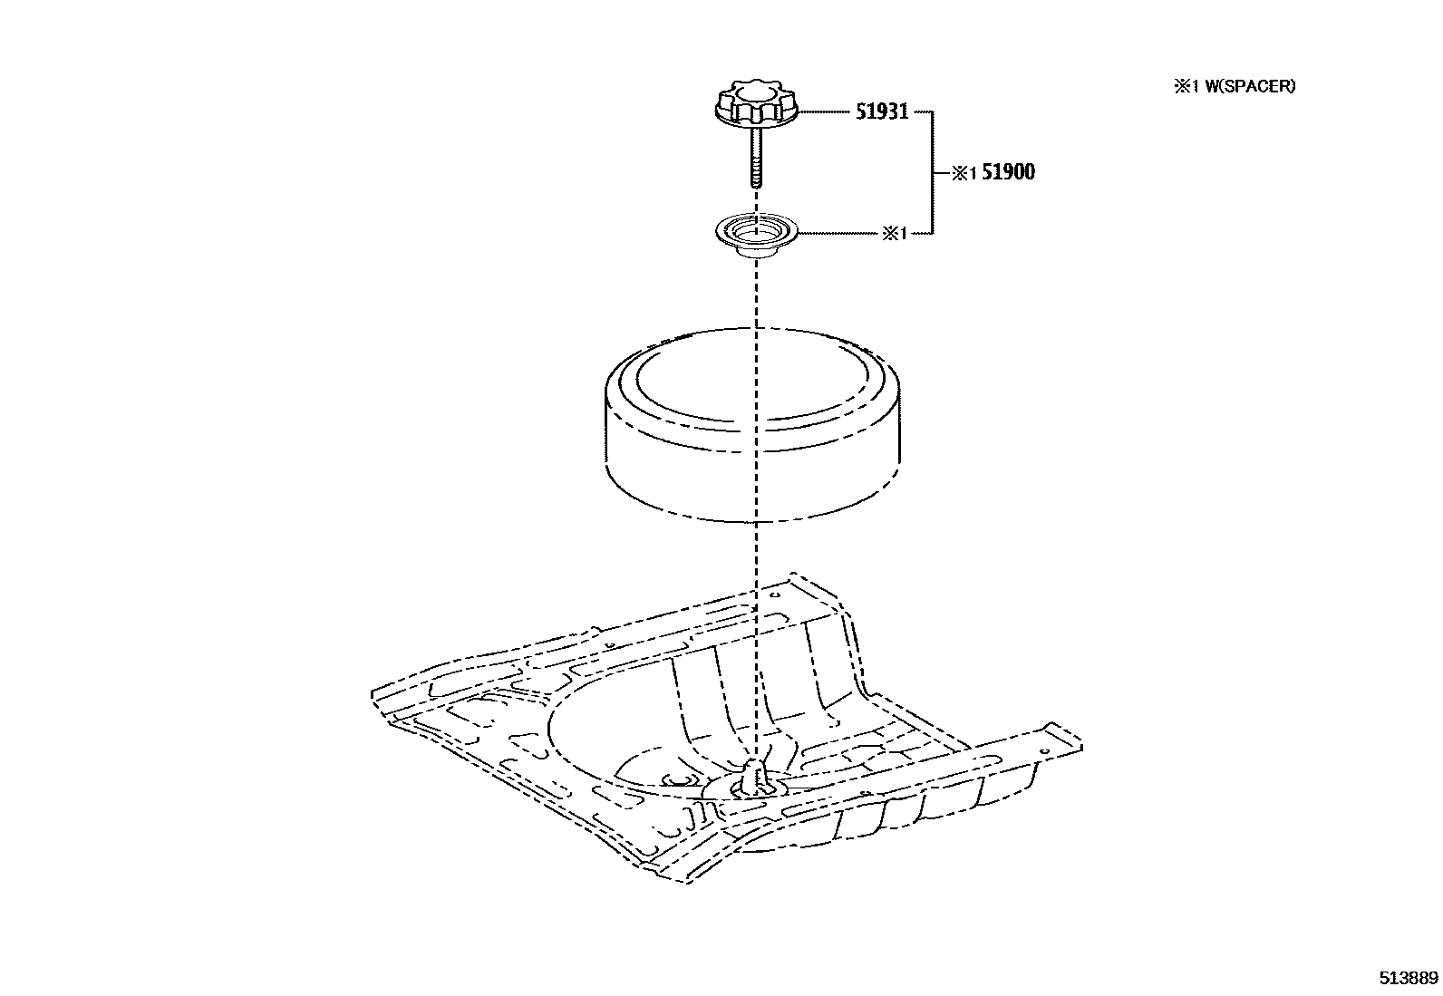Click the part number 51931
[882, 112]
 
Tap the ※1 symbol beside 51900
[964, 174]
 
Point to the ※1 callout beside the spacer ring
[894, 234]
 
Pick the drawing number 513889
[1409, 979]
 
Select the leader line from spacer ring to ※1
[838, 234]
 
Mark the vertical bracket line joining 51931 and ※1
[933, 172]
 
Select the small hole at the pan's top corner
[776, 595]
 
